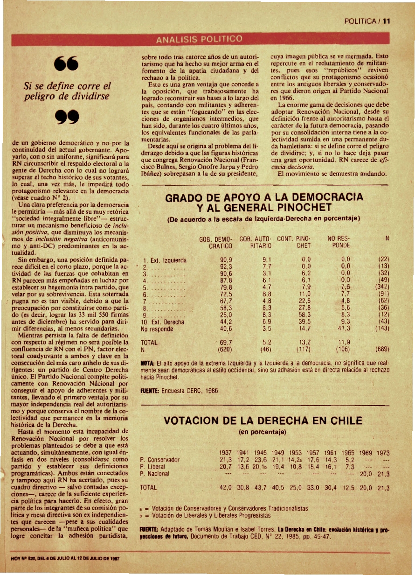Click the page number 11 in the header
[387, 21]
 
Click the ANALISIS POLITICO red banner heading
[199, 38]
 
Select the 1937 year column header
[226, 453]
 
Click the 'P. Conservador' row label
[160, 460]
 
